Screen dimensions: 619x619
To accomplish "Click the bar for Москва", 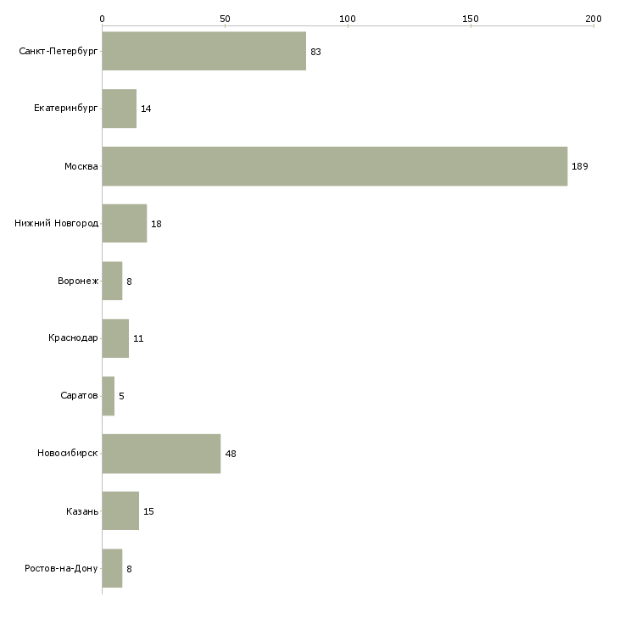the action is click(x=335, y=166).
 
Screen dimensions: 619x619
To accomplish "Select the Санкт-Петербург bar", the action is click(x=204, y=51).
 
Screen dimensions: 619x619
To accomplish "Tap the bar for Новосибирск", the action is click(x=161, y=454).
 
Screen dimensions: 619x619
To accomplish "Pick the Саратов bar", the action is click(x=109, y=396).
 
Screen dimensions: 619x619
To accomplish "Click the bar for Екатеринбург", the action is click(x=120, y=109).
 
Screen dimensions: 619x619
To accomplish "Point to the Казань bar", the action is click(x=120, y=510).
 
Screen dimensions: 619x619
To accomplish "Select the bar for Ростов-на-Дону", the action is click(x=112, y=568).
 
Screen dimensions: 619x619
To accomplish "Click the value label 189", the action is click(x=580, y=166).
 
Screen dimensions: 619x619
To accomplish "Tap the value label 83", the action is click(x=315, y=52).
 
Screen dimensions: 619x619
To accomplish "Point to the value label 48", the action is click(x=231, y=454).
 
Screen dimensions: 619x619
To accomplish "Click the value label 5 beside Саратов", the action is click(x=121, y=396).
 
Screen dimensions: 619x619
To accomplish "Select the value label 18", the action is click(x=156, y=224).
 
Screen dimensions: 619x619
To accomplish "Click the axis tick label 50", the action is click(x=225, y=19).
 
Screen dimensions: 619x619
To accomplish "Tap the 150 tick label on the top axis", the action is click(x=471, y=19).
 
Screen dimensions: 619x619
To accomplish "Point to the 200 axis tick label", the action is click(x=594, y=19).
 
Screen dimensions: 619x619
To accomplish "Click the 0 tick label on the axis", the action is click(x=103, y=19).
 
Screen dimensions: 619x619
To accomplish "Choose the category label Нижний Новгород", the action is click(x=57, y=223).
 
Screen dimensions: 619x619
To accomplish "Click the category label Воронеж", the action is click(x=78, y=281).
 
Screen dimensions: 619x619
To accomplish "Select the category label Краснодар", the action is click(x=73, y=338).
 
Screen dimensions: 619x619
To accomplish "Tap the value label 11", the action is click(x=138, y=338).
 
